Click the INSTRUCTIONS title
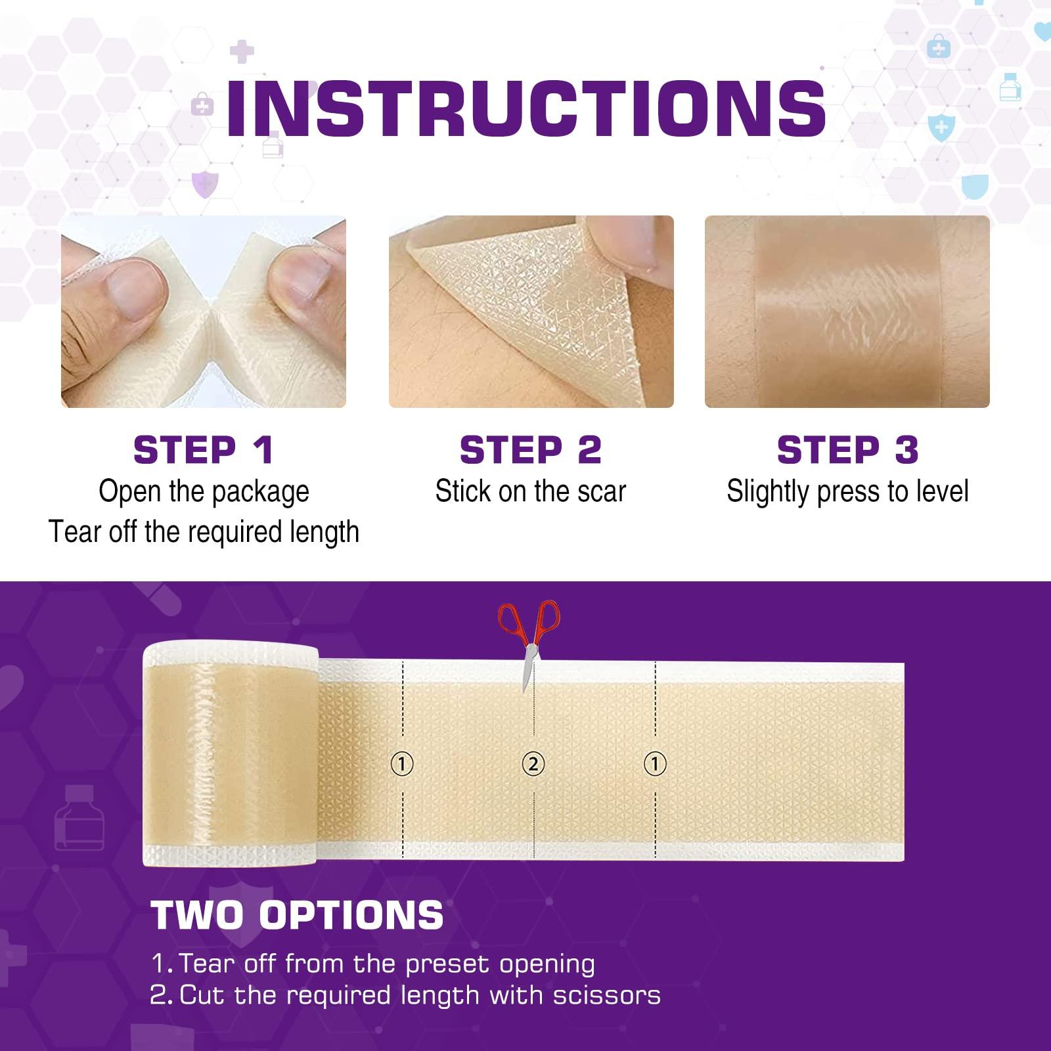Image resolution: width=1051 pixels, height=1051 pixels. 525,108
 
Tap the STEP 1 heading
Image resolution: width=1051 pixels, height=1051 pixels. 203,450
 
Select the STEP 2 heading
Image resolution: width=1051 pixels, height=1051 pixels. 530,450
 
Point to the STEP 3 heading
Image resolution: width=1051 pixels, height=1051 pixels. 847,450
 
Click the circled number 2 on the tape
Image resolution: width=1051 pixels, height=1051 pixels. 533,764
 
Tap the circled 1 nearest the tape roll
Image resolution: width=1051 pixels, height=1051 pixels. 402,764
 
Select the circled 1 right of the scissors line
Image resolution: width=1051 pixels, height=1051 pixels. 655,764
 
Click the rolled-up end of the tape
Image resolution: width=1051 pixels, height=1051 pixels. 230,755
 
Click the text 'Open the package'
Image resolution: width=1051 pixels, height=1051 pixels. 204,491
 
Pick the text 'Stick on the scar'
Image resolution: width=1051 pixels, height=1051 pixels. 530,491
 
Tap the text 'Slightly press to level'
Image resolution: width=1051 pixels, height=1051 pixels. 847,491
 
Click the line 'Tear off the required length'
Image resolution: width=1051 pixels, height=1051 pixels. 204,532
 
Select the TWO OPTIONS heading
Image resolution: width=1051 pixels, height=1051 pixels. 298,914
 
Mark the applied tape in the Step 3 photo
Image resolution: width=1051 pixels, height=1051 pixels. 847,312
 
